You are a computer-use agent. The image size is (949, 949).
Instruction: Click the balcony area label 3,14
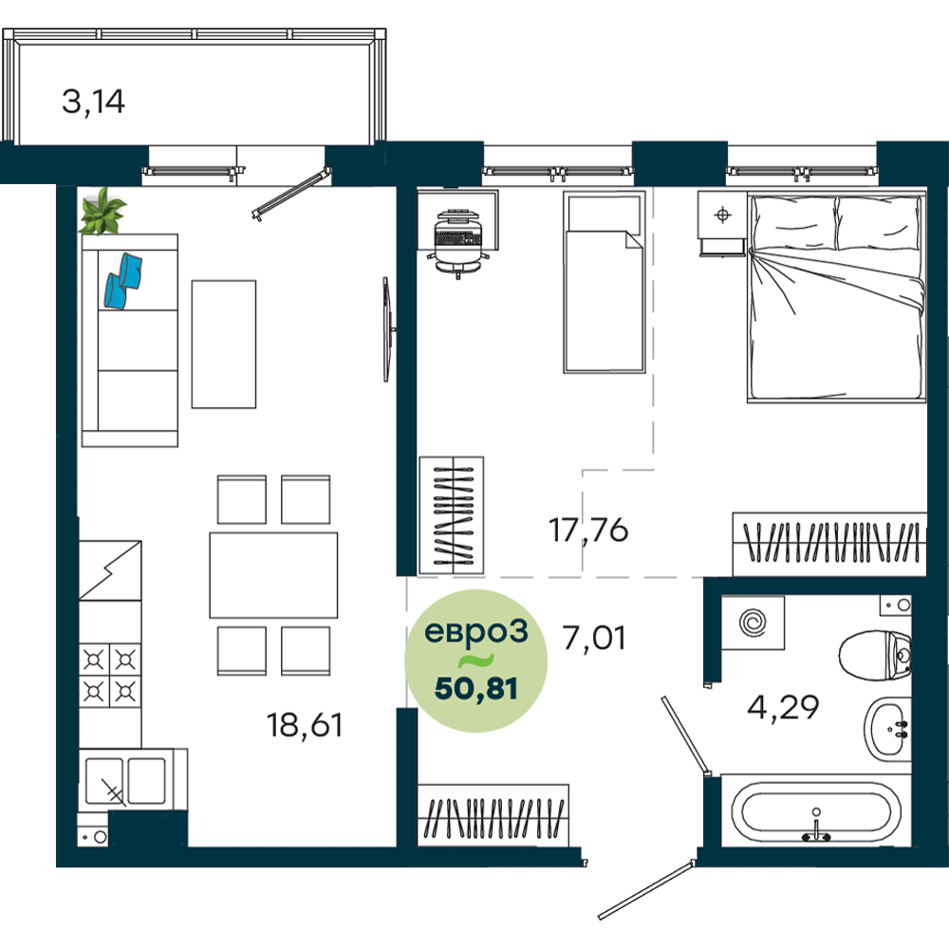point(93,102)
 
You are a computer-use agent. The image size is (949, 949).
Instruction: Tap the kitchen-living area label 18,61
point(305,725)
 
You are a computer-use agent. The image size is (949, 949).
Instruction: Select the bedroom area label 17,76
point(588,530)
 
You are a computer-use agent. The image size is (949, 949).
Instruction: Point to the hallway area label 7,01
point(594,639)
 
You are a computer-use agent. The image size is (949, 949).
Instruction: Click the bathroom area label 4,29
point(783,707)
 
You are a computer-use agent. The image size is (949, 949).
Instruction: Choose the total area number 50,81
point(476,689)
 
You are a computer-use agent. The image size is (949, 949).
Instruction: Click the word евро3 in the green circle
point(476,632)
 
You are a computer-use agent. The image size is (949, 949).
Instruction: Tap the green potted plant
point(102,212)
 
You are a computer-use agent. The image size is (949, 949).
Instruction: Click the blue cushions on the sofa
point(123,281)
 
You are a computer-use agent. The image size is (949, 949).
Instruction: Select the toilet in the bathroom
point(876,654)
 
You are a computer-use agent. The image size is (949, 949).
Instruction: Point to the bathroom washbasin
point(888,729)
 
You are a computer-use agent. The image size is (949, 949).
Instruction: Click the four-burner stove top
point(110,675)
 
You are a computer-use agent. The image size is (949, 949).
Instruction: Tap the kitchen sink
point(126,781)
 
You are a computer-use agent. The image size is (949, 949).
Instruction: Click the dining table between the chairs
point(273,575)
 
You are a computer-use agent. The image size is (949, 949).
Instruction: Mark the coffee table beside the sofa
point(224,344)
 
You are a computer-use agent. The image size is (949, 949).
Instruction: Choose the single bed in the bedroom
point(604,282)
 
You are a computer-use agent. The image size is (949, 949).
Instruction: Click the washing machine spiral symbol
point(753,623)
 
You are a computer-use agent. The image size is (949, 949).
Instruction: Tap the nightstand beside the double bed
point(722,223)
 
